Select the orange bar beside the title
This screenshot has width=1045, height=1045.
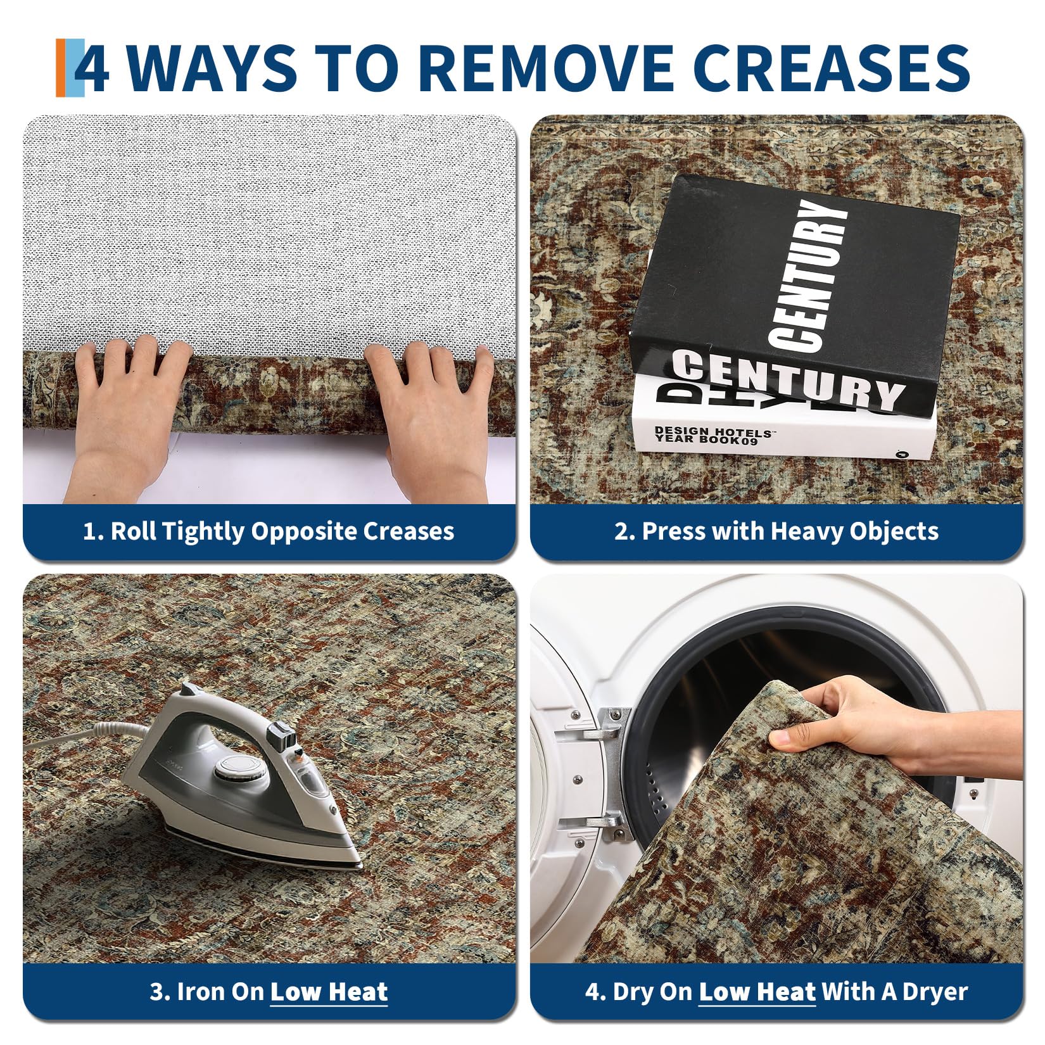[x=61, y=68]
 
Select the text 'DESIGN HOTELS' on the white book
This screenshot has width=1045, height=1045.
[x=713, y=431]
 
